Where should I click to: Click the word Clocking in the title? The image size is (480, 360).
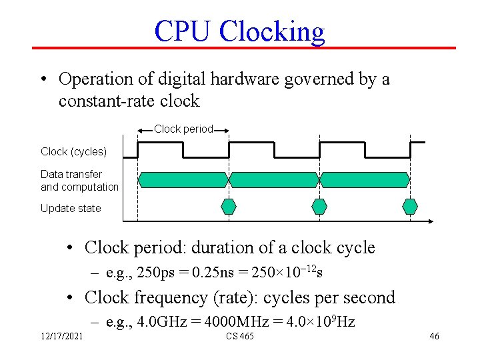[x=271, y=31]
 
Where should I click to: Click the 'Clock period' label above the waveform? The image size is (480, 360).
[x=183, y=129]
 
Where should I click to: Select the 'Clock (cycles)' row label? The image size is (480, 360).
[x=73, y=151]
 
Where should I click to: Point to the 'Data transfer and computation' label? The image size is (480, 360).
[x=79, y=180]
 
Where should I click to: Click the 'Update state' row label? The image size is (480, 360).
[x=71, y=208]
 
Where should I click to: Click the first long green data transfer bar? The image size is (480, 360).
[x=183, y=179]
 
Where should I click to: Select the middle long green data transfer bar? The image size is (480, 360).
[x=273, y=179]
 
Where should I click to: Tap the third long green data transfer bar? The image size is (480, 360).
[x=365, y=179]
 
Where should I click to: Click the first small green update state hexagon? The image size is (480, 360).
[x=228, y=206]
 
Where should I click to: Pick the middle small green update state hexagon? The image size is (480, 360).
[x=319, y=206]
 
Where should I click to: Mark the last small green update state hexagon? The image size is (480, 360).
[x=410, y=206]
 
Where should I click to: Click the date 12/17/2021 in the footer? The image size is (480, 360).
[x=61, y=336]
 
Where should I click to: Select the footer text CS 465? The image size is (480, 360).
[x=239, y=336]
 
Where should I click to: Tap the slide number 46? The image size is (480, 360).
[x=434, y=336]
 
